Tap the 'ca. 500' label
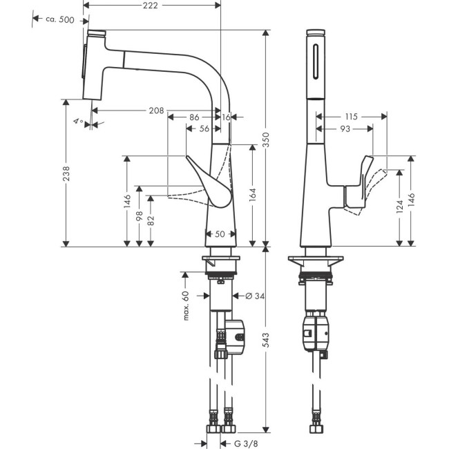click(59, 20)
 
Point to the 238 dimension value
click(65, 176)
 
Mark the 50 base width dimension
click(220, 233)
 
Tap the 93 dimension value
click(344, 128)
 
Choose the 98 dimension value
click(140, 218)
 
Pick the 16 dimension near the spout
click(226, 117)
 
